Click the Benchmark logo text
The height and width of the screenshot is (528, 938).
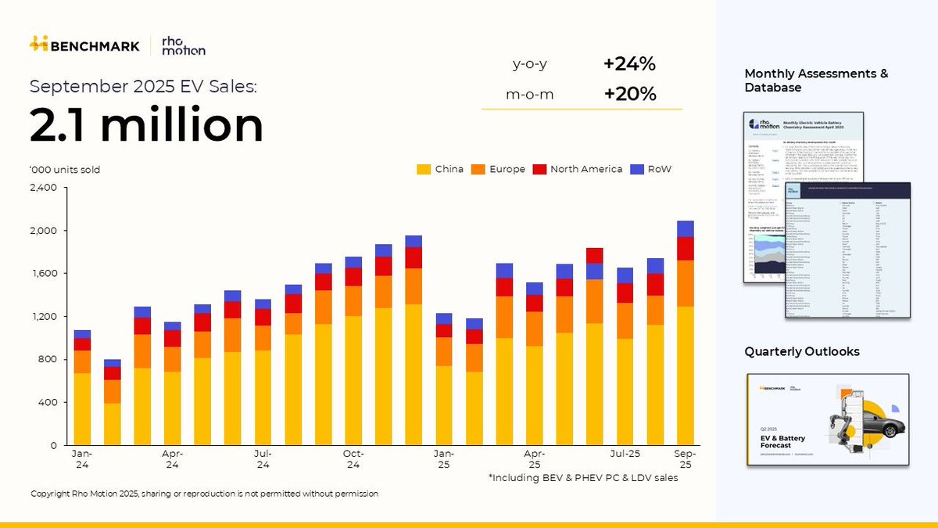tap(94, 45)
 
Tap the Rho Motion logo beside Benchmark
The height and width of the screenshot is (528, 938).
tap(183, 45)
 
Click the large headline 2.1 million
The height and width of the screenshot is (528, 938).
tap(147, 125)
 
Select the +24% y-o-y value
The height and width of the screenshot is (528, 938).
tap(629, 65)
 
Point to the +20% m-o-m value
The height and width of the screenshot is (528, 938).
tap(629, 95)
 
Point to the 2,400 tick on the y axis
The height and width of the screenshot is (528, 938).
tap(43, 188)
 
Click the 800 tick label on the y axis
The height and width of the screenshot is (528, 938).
tap(47, 360)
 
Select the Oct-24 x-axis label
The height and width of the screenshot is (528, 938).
tap(353, 459)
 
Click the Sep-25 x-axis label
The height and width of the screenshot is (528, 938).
tap(685, 459)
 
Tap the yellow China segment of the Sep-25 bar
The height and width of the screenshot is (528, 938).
tap(685, 375)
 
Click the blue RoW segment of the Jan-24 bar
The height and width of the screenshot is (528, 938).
tap(82, 334)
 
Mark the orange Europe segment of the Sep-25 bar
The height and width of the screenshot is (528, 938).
tap(685, 283)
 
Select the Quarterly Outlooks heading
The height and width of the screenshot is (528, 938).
tap(801, 352)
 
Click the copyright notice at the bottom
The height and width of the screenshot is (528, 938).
tap(204, 494)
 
